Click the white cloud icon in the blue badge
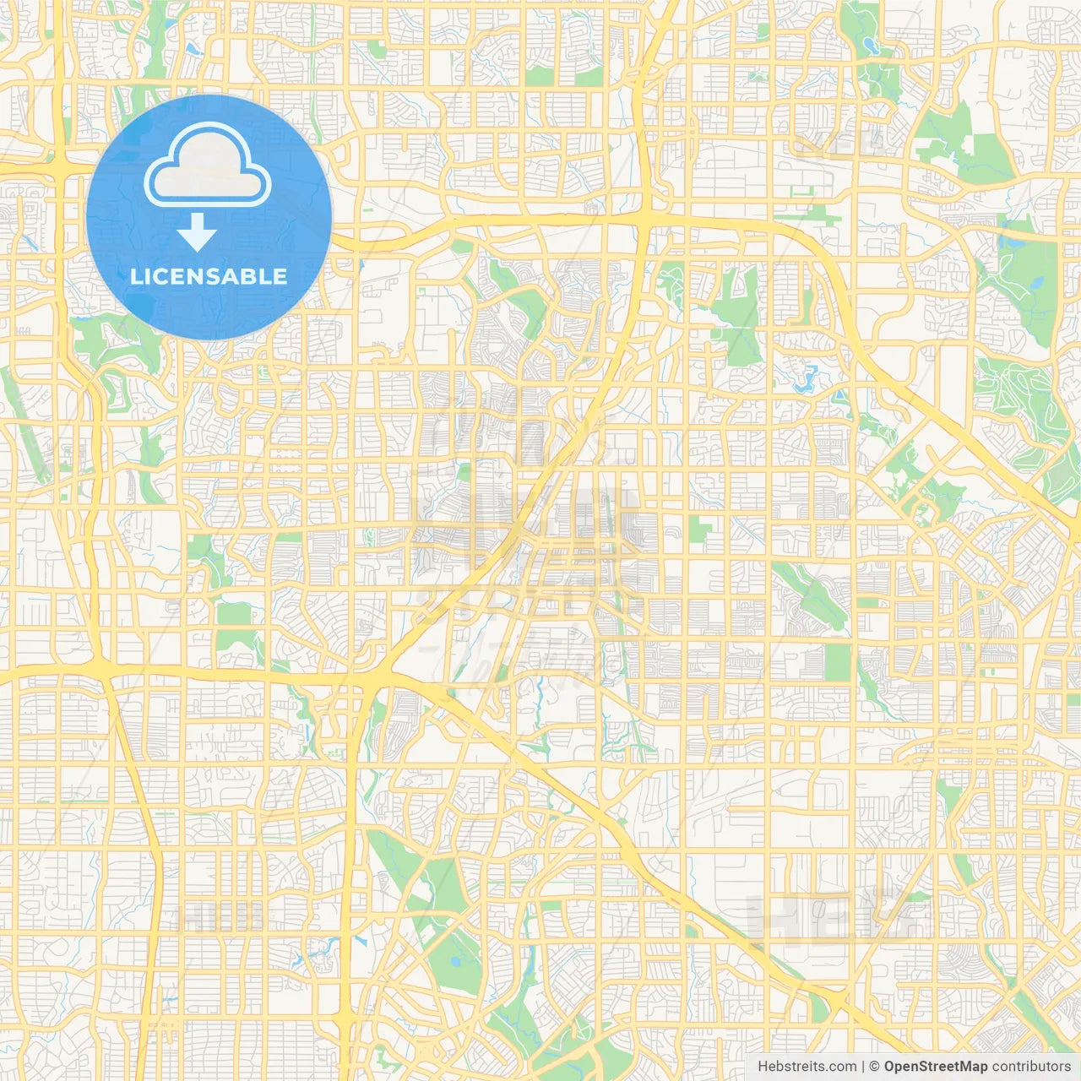point(208,166)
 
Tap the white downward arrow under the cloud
point(197,232)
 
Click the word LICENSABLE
point(209,276)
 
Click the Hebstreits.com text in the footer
point(807,1067)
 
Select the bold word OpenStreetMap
point(935,1067)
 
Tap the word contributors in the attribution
point(1031,1067)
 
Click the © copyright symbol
point(875,1067)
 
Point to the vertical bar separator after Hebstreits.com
point(863,1067)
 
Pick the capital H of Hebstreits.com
point(763,1067)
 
